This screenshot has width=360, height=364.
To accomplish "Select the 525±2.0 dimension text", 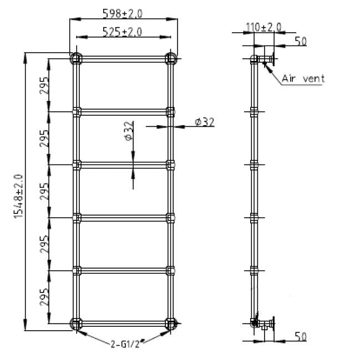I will tap(123, 32).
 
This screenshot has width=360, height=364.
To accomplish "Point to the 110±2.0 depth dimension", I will tap(264, 27).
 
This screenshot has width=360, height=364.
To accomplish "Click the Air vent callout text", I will tap(303, 78).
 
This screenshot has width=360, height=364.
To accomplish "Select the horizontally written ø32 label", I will tap(205, 122).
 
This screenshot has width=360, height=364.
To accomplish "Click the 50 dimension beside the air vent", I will tap(300, 42).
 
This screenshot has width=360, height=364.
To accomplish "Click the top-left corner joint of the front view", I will tap(76, 58).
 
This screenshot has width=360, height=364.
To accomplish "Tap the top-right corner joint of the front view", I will tap(170, 58).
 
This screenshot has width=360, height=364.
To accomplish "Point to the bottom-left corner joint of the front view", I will tap(76, 324).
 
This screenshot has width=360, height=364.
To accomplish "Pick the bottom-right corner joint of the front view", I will tap(170, 324).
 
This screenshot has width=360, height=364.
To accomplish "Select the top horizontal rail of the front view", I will tap(123, 58).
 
